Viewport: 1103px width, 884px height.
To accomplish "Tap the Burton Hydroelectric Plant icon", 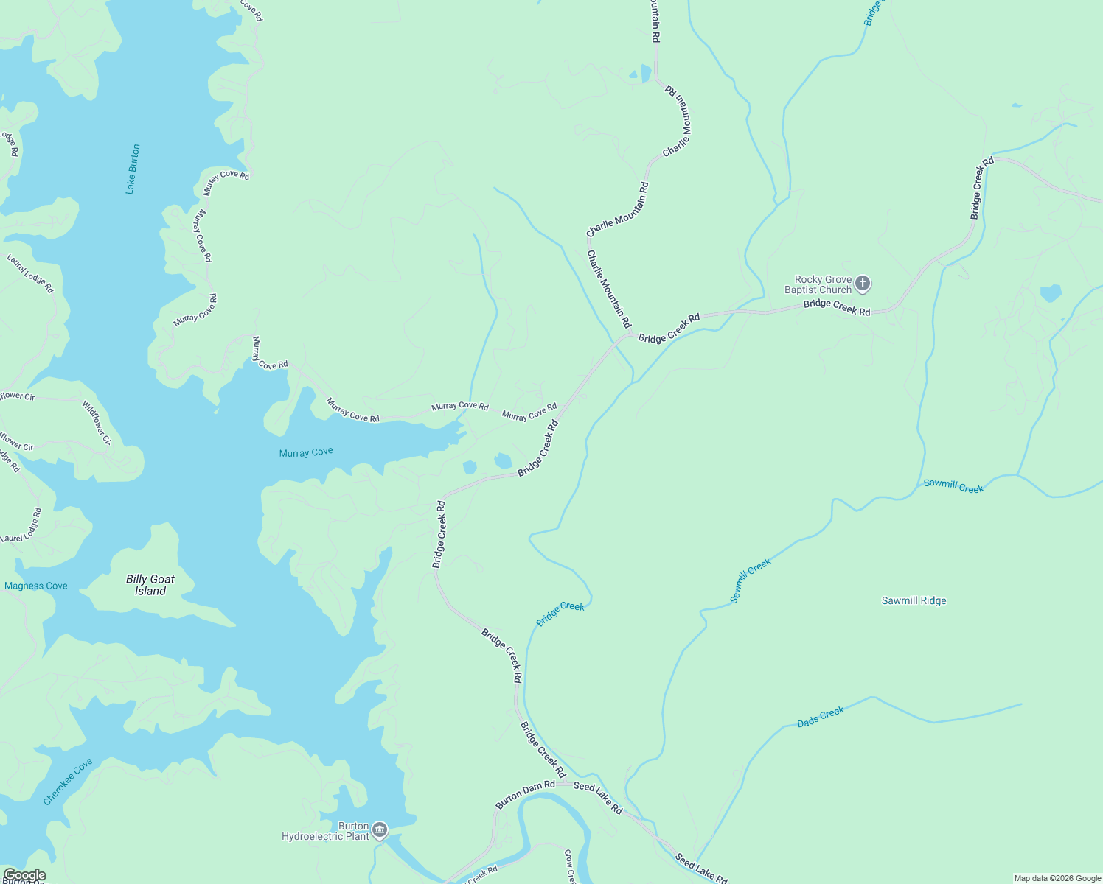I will [x=380, y=830].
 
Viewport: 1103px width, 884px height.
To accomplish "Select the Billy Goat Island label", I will [x=150, y=585].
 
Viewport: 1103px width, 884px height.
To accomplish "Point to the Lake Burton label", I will [x=132, y=169].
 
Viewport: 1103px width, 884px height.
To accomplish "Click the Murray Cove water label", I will [x=306, y=452].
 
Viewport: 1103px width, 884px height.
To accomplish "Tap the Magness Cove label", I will [x=36, y=586].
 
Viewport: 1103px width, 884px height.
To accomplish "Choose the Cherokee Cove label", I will [x=68, y=782].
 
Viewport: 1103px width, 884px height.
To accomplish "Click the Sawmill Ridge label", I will [x=914, y=600].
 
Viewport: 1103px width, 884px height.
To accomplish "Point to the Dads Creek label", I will [x=821, y=718].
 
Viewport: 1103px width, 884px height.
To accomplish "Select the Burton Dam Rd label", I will [x=525, y=795].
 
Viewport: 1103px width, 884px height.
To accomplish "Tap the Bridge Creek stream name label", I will [x=560, y=614].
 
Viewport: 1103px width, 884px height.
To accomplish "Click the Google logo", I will [x=24, y=875].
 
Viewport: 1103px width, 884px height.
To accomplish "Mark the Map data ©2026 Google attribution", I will [x=1057, y=878].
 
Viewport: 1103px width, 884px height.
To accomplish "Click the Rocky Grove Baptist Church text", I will [x=818, y=284].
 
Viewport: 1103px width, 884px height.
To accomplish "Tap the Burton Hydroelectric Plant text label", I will [x=326, y=831].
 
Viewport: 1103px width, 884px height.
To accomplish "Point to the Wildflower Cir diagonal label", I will [x=97, y=423].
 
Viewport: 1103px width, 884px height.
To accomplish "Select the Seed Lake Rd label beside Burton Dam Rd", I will [x=598, y=797].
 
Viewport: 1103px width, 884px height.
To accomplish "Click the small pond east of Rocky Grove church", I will [x=1051, y=293].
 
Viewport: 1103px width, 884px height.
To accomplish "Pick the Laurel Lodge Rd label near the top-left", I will [x=30, y=273].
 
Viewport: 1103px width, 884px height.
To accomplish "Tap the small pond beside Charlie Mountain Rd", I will [x=645, y=74].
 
